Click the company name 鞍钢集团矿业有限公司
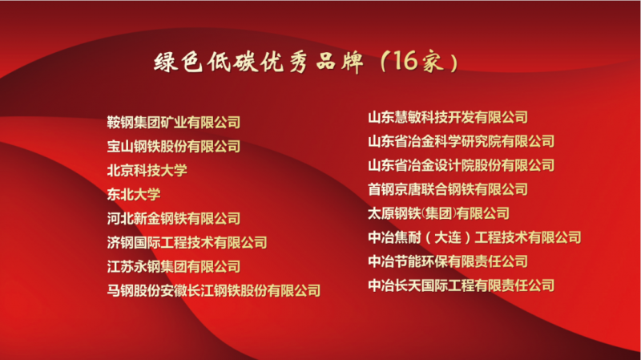coord(174,123)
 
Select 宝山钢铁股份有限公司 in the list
coord(174,147)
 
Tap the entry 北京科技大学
coord(147,170)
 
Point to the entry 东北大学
coord(134,194)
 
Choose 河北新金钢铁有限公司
coord(174,218)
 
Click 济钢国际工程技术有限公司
coord(187,243)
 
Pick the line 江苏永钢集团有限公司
coord(174,267)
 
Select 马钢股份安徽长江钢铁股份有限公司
coord(214,290)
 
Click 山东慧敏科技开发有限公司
coord(448,117)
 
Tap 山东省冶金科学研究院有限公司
coord(462,142)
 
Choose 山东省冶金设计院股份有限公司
coord(462,165)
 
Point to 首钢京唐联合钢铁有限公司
coord(448,189)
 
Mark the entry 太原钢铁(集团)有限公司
coord(438,213)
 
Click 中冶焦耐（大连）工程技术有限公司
coord(474,237)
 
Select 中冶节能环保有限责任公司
coord(448,261)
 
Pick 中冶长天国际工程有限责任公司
coord(462,285)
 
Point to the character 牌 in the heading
coord(352,63)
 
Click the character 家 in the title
coord(433,63)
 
